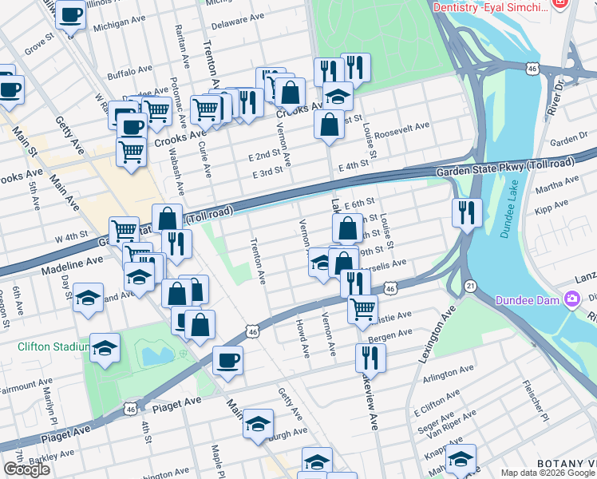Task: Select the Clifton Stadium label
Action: (x=53, y=347)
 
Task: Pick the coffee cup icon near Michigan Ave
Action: (x=71, y=14)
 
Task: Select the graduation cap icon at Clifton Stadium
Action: (x=105, y=348)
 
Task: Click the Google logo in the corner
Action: (x=27, y=469)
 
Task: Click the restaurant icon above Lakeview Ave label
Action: (x=370, y=357)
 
